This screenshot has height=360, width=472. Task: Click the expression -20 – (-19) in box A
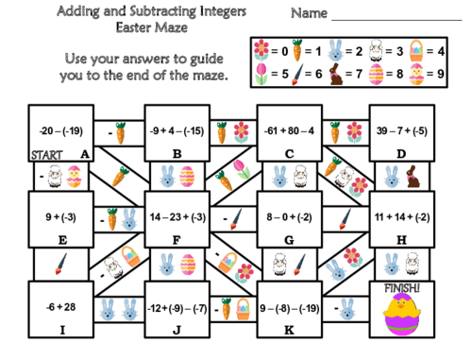(59, 131)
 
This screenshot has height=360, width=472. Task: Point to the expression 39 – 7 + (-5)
(400, 131)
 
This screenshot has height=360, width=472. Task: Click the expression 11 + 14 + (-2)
(400, 216)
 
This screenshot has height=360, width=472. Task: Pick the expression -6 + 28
(58, 307)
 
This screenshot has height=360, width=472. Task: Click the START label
(47, 153)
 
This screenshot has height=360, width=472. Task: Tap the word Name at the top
(309, 14)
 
